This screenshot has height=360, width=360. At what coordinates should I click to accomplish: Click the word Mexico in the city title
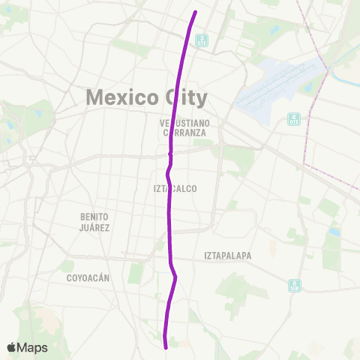click(120, 97)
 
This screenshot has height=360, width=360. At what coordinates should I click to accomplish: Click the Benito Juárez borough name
click(95, 222)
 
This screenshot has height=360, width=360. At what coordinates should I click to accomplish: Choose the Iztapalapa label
click(227, 256)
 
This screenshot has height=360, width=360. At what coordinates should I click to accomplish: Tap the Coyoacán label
click(87, 277)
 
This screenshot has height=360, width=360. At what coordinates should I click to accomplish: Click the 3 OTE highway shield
click(201, 40)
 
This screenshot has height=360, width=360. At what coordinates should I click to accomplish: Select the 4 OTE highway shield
click(294, 119)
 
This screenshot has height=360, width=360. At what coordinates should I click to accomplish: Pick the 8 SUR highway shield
click(295, 286)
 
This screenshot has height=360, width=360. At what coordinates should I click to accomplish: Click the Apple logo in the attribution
click(11, 348)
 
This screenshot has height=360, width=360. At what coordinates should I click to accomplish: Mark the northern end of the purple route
click(196, 12)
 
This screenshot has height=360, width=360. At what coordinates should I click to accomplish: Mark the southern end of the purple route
click(165, 346)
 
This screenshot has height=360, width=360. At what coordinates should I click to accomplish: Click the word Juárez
click(95, 227)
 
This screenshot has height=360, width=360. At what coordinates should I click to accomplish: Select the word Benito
click(95, 217)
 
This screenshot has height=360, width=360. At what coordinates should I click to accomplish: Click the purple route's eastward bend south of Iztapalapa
click(175, 277)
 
